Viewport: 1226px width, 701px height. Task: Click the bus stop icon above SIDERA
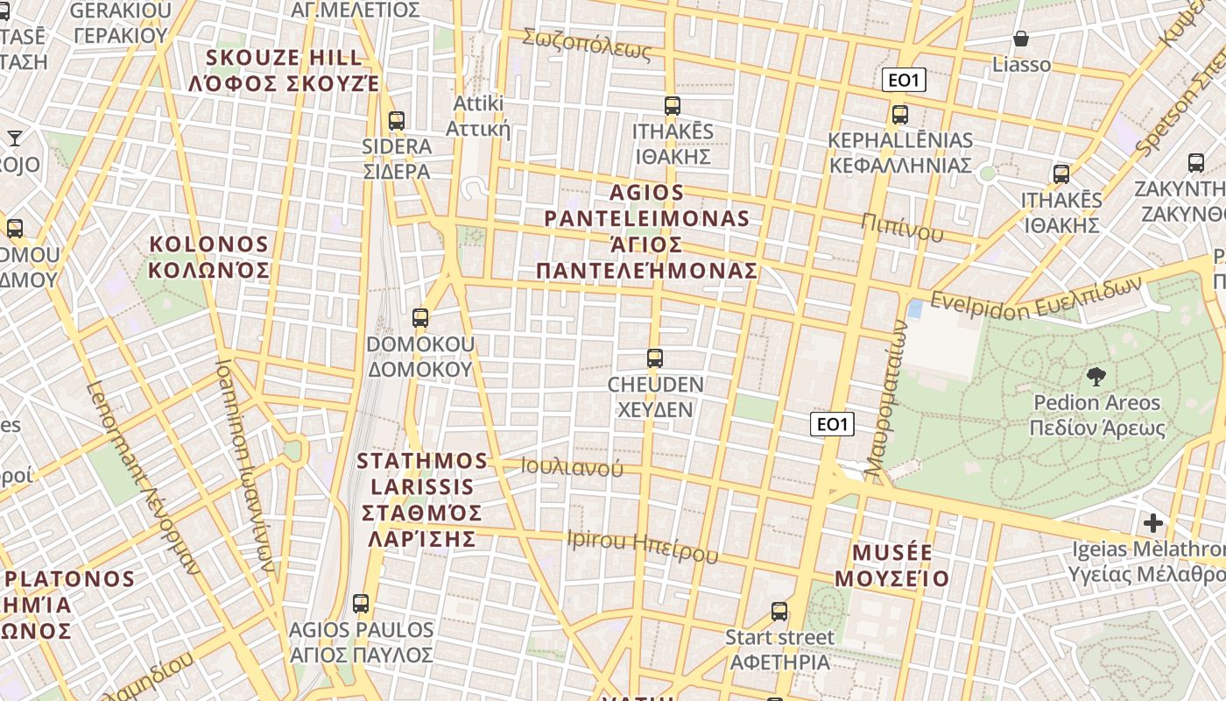coord(397,121)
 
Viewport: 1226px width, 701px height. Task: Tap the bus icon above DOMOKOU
coord(420,318)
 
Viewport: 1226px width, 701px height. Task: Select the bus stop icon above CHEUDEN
coord(654,358)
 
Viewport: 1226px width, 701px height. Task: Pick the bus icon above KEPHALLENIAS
coord(899,115)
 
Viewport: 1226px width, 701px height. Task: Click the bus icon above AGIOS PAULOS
coord(360,603)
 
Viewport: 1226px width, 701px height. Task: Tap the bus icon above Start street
coord(779,612)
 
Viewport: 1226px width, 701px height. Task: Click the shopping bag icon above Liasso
coord(1021,39)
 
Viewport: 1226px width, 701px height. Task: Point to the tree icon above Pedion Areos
coord(1095,377)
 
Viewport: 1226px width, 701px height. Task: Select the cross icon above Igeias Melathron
coord(1153,523)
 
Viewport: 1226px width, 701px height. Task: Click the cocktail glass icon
coord(15,138)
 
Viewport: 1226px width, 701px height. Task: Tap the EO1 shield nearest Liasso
coord(904,81)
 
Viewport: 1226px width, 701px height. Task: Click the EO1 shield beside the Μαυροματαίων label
coord(831,425)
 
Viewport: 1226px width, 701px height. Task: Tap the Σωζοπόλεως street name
coord(587,45)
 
